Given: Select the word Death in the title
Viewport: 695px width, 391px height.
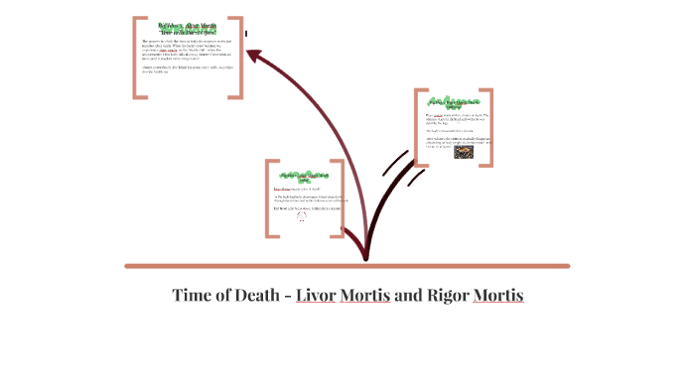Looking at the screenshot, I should pyautogui.click(x=258, y=296).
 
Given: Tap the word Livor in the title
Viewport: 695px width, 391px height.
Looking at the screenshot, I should pyautogui.click(x=316, y=296).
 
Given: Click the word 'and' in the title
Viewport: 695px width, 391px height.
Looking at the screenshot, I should pyautogui.click(x=408, y=296).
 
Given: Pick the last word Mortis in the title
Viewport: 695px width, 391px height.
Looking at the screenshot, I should pyautogui.click(x=498, y=296).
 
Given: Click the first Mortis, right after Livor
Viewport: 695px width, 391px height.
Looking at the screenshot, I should pyautogui.click(x=365, y=296).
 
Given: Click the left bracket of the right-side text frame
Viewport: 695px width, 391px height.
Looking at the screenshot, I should pyautogui.click(x=418, y=129).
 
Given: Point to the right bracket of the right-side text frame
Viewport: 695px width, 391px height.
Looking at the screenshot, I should pyautogui.click(x=490, y=129).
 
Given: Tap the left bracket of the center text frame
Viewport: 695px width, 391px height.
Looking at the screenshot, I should pyautogui.click(x=268, y=197).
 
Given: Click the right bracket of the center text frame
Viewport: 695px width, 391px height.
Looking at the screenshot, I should pyautogui.click(x=341, y=197).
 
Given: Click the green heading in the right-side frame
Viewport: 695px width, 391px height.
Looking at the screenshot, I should pyautogui.click(x=454, y=103).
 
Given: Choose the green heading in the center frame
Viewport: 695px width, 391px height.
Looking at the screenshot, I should pyautogui.click(x=304, y=176).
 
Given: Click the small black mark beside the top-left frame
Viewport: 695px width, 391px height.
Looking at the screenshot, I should pyautogui.click(x=246, y=34).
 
